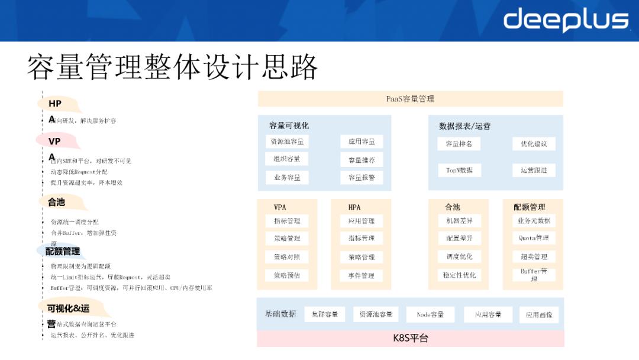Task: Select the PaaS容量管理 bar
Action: [x=410, y=99]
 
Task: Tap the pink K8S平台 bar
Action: [x=410, y=339]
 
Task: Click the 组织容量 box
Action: [x=287, y=159]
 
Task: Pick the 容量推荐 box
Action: [x=362, y=159]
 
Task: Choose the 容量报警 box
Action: [x=362, y=177]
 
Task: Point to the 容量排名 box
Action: [x=459, y=144]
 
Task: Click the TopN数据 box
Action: [x=459, y=170]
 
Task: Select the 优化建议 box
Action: [x=534, y=144]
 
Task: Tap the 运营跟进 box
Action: [x=534, y=170]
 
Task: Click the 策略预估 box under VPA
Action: [x=287, y=275]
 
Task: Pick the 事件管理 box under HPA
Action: [x=362, y=275]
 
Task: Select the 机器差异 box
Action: [x=459, y=221]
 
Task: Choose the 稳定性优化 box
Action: [x=459, y=275]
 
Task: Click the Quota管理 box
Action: [x=534, y=238]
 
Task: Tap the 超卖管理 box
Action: [x=534, y=256]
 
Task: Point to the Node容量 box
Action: [x=430, y=314]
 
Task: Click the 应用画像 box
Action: [x=539, y=314]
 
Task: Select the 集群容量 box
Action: [x=325, y=314]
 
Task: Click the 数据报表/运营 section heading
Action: [x=464, y=126]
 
